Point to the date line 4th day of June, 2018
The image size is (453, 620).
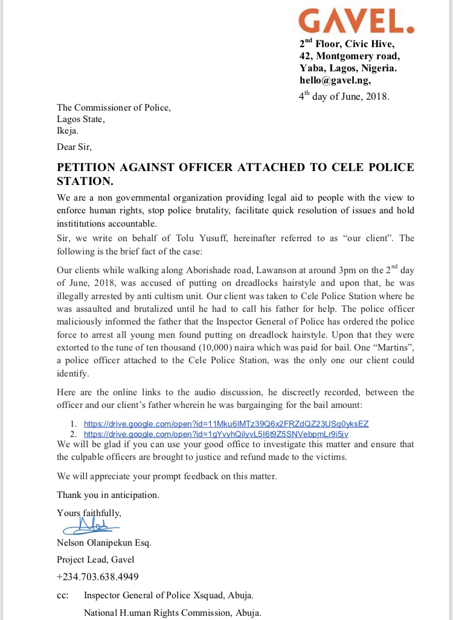click(x=345, y=96)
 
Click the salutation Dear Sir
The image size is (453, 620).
click(x=74, y=146)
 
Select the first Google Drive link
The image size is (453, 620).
click(x=226, y=424)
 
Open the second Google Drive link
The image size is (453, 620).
click(x=216, y=434)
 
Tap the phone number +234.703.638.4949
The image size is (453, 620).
click(x=98, y=576)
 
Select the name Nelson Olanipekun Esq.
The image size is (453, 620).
click(x=104, y=543)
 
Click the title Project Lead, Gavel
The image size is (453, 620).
click(x=95, y=560)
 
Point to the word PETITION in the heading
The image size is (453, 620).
click(x=88, y=167)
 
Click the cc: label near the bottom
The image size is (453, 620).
click(x=62, y=595)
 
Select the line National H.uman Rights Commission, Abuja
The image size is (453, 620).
click(x=173, y=613)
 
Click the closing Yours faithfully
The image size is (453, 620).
click(x=89, y=513)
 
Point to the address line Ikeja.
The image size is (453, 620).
click(x=68, y=130)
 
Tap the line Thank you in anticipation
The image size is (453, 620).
click(x=108, y=495)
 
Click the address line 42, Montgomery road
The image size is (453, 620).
click(x=349, y=56)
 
